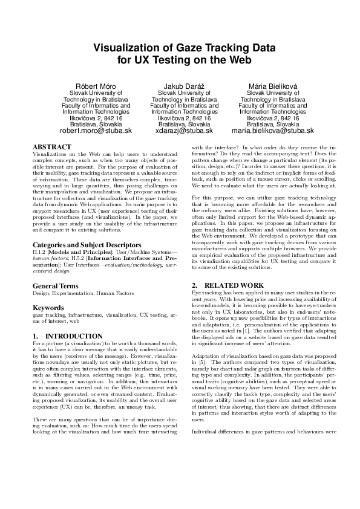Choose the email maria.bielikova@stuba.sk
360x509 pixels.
[273, 131]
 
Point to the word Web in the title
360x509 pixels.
[234, 60]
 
